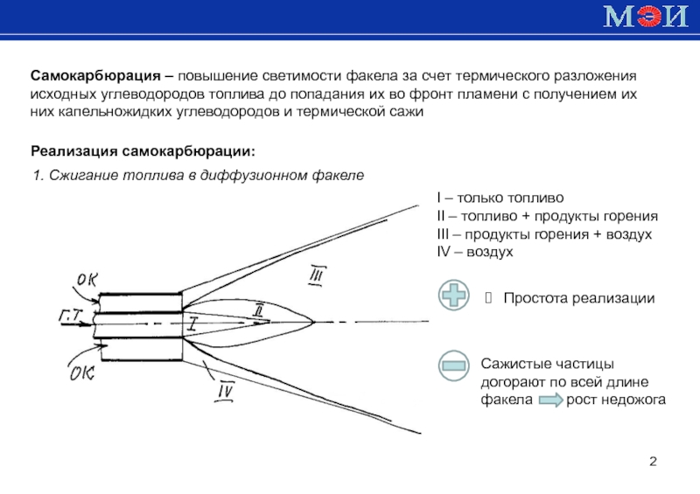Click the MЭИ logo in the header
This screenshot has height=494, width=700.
pyautogui.click(x=642, y=17)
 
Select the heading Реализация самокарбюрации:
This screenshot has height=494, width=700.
pyautogui.click(x=144, y=151)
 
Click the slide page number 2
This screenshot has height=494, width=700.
pyautogui.click(x=653, y=461)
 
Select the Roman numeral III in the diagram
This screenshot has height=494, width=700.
pyautogui.click(x=316, y=277)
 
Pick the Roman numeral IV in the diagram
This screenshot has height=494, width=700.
pyautogui.click(x=227, y=392)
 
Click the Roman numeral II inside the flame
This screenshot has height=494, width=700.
pyautogui.click(x=257, y=310)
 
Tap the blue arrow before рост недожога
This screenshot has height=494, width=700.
pyautogui.click(x=549, y=400)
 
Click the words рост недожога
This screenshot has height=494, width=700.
pyautogui.click(x=616, y=400)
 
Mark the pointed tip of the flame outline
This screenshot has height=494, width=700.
pyautogui.click(x=316, y=322)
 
